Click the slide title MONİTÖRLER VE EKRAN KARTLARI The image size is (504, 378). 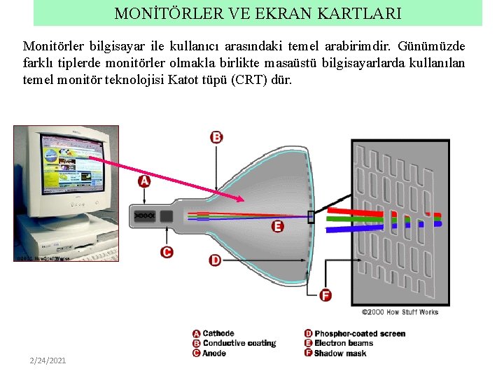tap(258, 13)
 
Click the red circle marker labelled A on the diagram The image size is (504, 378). tap(144, 181)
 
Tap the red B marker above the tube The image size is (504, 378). tap(216, 137)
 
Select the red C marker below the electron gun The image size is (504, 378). tap(167, 252)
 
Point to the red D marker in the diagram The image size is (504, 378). tap(215, 260)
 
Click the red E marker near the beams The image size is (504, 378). tap(277, 226)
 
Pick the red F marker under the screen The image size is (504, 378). tap(325, 295)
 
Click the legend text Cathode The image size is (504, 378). tap(218, 334)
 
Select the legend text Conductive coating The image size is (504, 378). tap(239, 344)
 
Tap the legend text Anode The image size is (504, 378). tap(214, 353)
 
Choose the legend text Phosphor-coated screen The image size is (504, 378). tap(360, 334)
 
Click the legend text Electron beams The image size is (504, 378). tap(344, 344)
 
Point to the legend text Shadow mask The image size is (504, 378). tap(340, 353)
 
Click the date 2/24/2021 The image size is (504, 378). tap(48, 360)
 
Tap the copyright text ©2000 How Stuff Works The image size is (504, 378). tap(400, 312)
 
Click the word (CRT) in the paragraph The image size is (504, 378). tap(248, 80)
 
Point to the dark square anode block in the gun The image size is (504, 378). tap(166, 216)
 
